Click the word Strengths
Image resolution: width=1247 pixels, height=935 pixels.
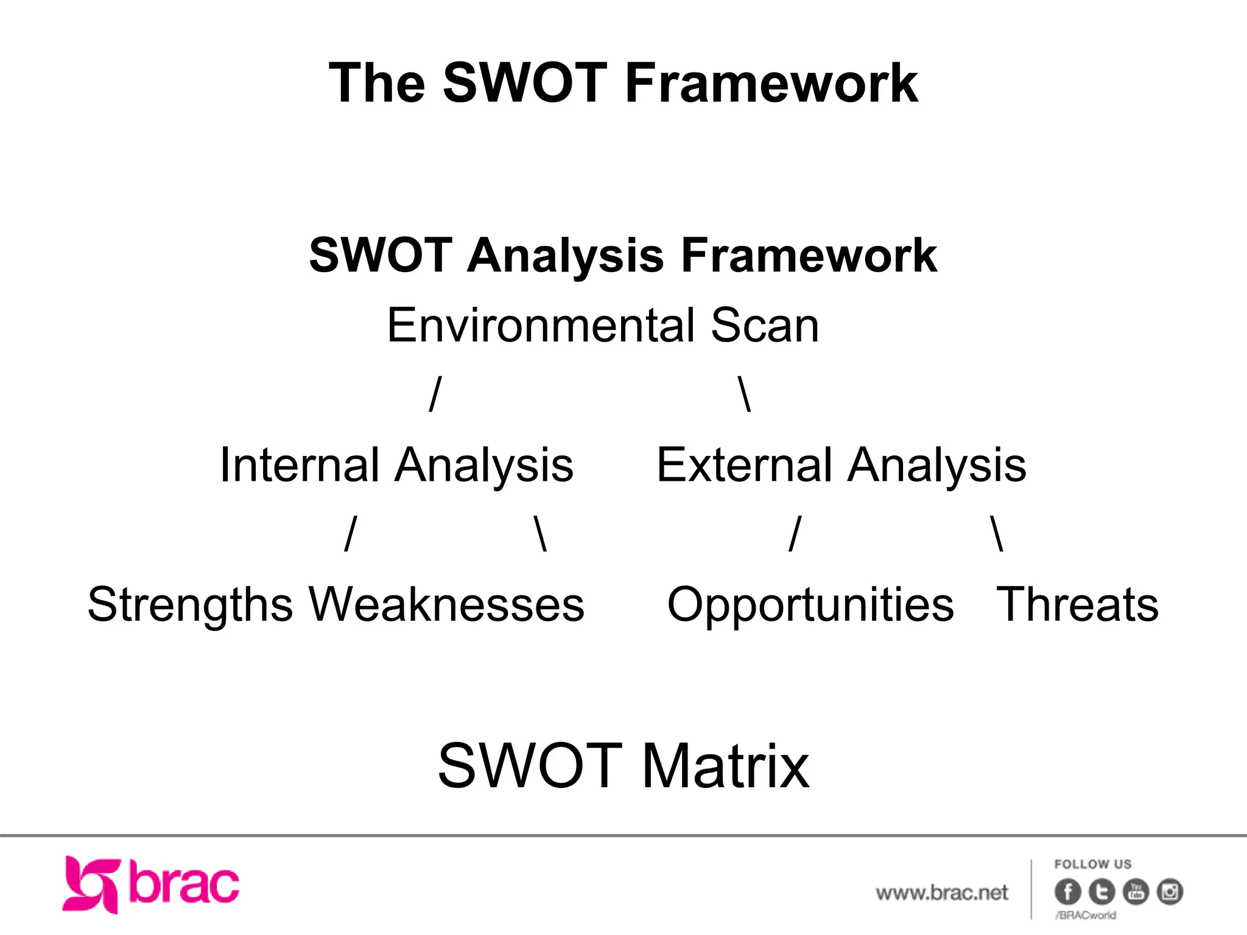[190, 604]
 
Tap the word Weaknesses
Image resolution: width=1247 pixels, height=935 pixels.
[447, 604]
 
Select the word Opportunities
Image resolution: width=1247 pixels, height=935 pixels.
[810, 604]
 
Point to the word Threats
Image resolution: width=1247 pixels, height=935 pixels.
[1077, 604]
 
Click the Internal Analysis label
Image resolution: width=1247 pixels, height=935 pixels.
[396, 466]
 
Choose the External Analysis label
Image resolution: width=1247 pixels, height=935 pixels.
[841, 466]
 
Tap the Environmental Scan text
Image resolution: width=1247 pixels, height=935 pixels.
[603, 326]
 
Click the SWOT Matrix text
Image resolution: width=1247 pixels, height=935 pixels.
[623, 766]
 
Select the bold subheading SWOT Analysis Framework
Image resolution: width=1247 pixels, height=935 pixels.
[623, 256]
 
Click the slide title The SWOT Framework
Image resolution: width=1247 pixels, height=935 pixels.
[623, 83]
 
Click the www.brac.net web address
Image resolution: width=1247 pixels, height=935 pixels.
[941, 893]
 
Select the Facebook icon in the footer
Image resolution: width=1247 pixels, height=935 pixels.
[1067, 892]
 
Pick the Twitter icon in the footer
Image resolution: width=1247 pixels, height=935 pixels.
[1101, 892]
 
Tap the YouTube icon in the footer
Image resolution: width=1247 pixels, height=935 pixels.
[1136, 892]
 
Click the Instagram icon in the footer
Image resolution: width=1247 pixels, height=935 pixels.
[1170, 892]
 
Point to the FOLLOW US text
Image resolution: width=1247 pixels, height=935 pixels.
[1093, 864]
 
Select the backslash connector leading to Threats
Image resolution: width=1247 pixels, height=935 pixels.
[997, 533]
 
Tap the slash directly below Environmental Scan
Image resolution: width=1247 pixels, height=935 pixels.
[435, 394]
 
